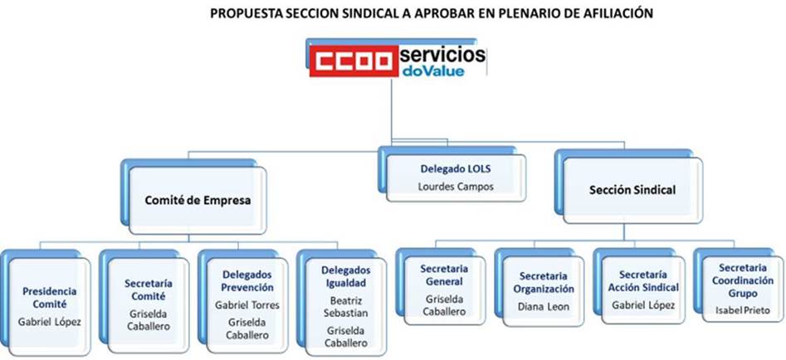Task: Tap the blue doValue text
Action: (433, 71)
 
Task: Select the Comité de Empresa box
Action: (198, 201)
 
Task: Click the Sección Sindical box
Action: (632, 190)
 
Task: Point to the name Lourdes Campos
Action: (456, 187)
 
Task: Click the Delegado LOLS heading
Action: (456, 169)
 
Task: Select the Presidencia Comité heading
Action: (50, 298)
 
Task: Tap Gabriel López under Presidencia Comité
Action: (50, 322)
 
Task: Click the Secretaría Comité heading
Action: (149, 289)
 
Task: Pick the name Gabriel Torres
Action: (247, 305)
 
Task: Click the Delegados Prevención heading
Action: (247, 281)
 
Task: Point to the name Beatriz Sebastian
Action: (346, 307)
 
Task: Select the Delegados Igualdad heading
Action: (346, 277)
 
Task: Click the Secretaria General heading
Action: (444, 275)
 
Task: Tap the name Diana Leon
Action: (544, 307)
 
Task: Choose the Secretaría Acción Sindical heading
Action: (643, 281)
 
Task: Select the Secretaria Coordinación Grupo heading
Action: (742, 280)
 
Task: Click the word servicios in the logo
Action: (442, 54)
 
